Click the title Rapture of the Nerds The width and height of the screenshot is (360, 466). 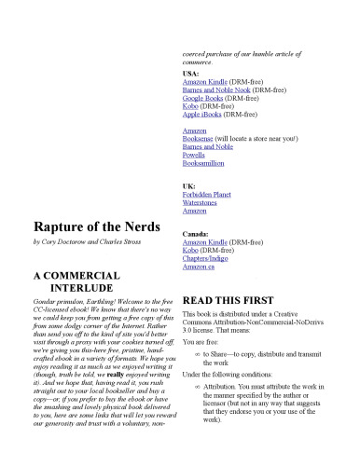coord(93,225)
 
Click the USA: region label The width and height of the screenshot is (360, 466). coord(190,73)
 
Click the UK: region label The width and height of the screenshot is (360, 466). coord(188,186)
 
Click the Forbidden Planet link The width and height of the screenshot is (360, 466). coord(206,195)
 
